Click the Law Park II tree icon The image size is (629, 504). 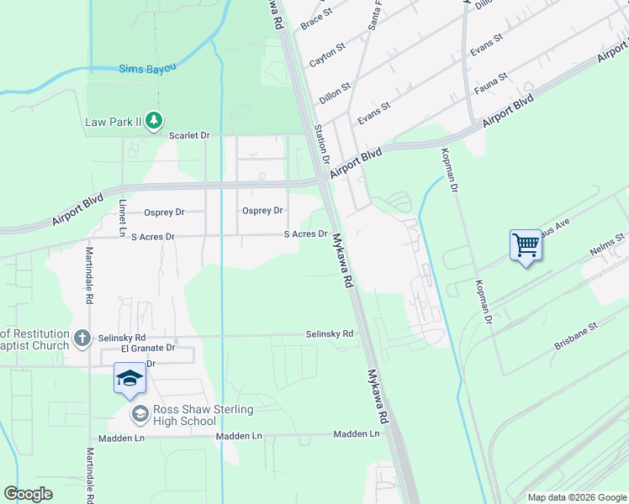pyautogui.click(x=153, y=122)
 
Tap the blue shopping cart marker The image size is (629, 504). pyautogui.click(x=526, y=246)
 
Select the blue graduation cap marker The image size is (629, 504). pyautogui.click(x=129, y=379)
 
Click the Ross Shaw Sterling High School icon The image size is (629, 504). pyautogui.click(x=140, y=414)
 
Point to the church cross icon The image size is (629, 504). pyautogui.click(x=82, y=338)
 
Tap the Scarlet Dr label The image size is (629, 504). pyautogui.click(x=188, y=134)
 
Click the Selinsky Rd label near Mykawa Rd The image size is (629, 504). pyautogui.click(x=329, y=334)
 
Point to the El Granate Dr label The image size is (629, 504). pyautogui.click(x=147, y=348)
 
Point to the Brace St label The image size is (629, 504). pyautogui.click(x=316, y=19)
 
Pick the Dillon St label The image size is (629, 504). pyautogui.click(x=334, y=94)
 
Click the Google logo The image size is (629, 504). pyautogui.click(x=28, y=494)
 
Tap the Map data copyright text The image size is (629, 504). pyautogui.click(x=577, y=497)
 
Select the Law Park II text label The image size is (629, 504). pyautogui.click(x=114, y=122)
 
